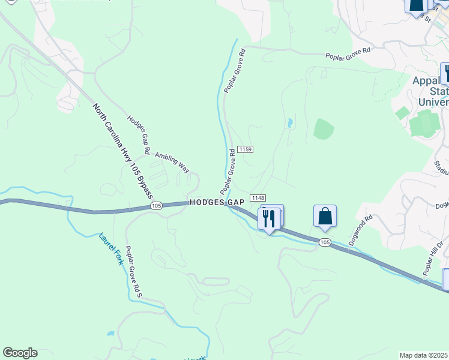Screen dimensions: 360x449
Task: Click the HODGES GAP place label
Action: (216, 203)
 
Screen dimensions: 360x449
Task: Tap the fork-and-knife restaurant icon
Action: (268, 218)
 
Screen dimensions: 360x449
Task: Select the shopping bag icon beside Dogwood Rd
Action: (325, 215)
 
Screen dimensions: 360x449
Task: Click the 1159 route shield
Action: (244, 149)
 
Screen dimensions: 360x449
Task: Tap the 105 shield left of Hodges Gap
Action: (156, 206)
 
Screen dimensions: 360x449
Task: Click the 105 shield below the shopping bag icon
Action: (325, 242)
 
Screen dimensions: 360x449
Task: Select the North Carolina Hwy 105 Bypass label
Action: (122, 152)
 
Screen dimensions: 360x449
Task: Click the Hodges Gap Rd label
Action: (138, 133)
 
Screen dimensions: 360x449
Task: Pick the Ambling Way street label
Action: (172, 163)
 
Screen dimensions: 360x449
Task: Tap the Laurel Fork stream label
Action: (111, 249)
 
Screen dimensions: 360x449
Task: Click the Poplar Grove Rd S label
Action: (133, 273)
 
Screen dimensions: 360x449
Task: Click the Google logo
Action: (20, 353)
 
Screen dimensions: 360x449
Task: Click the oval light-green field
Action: (323, 129)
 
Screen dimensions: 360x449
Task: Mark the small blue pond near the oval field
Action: (290, 124)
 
